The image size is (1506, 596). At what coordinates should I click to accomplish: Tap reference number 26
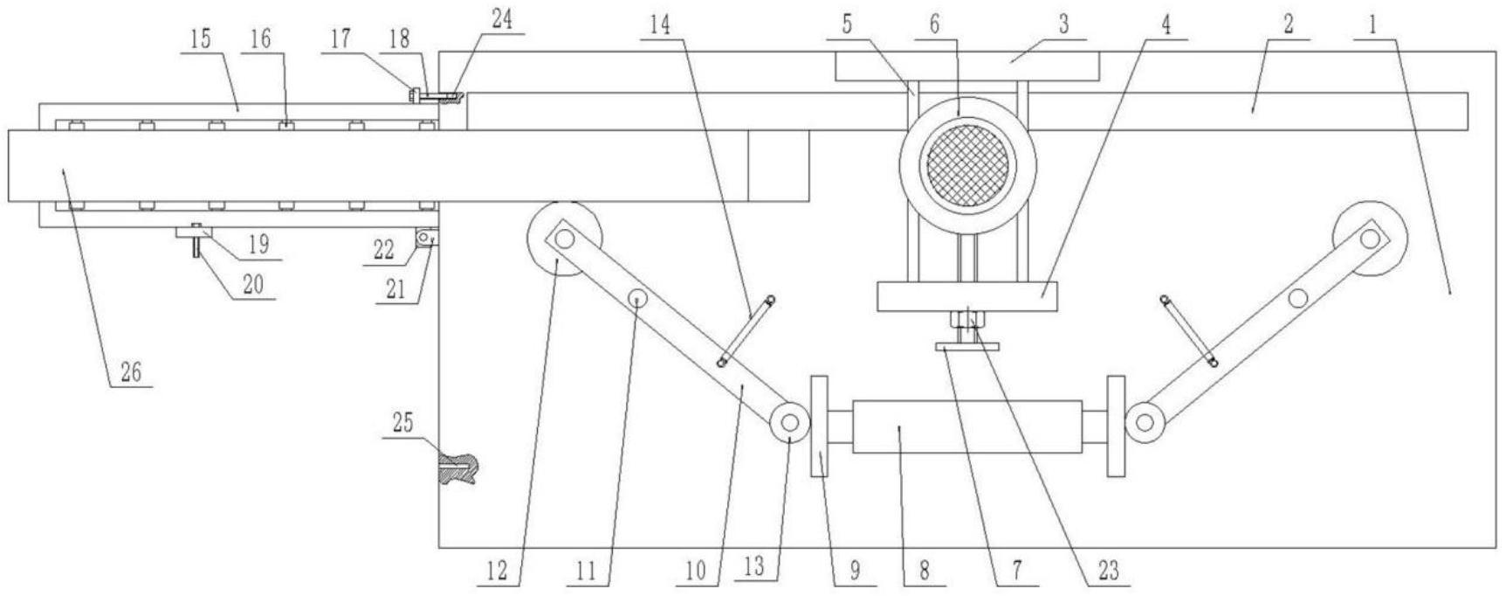point(130,373)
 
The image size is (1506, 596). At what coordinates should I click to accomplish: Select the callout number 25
point(402,424)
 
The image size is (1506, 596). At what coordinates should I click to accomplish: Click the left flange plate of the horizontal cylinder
point(819,426)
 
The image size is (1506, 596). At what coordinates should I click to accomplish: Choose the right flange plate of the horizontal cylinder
point(1116,426)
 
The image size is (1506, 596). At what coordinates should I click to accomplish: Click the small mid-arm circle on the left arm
point(639,299)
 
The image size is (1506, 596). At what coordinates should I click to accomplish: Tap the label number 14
point(661,25)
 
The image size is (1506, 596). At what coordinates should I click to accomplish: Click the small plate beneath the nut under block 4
point(966,348)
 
